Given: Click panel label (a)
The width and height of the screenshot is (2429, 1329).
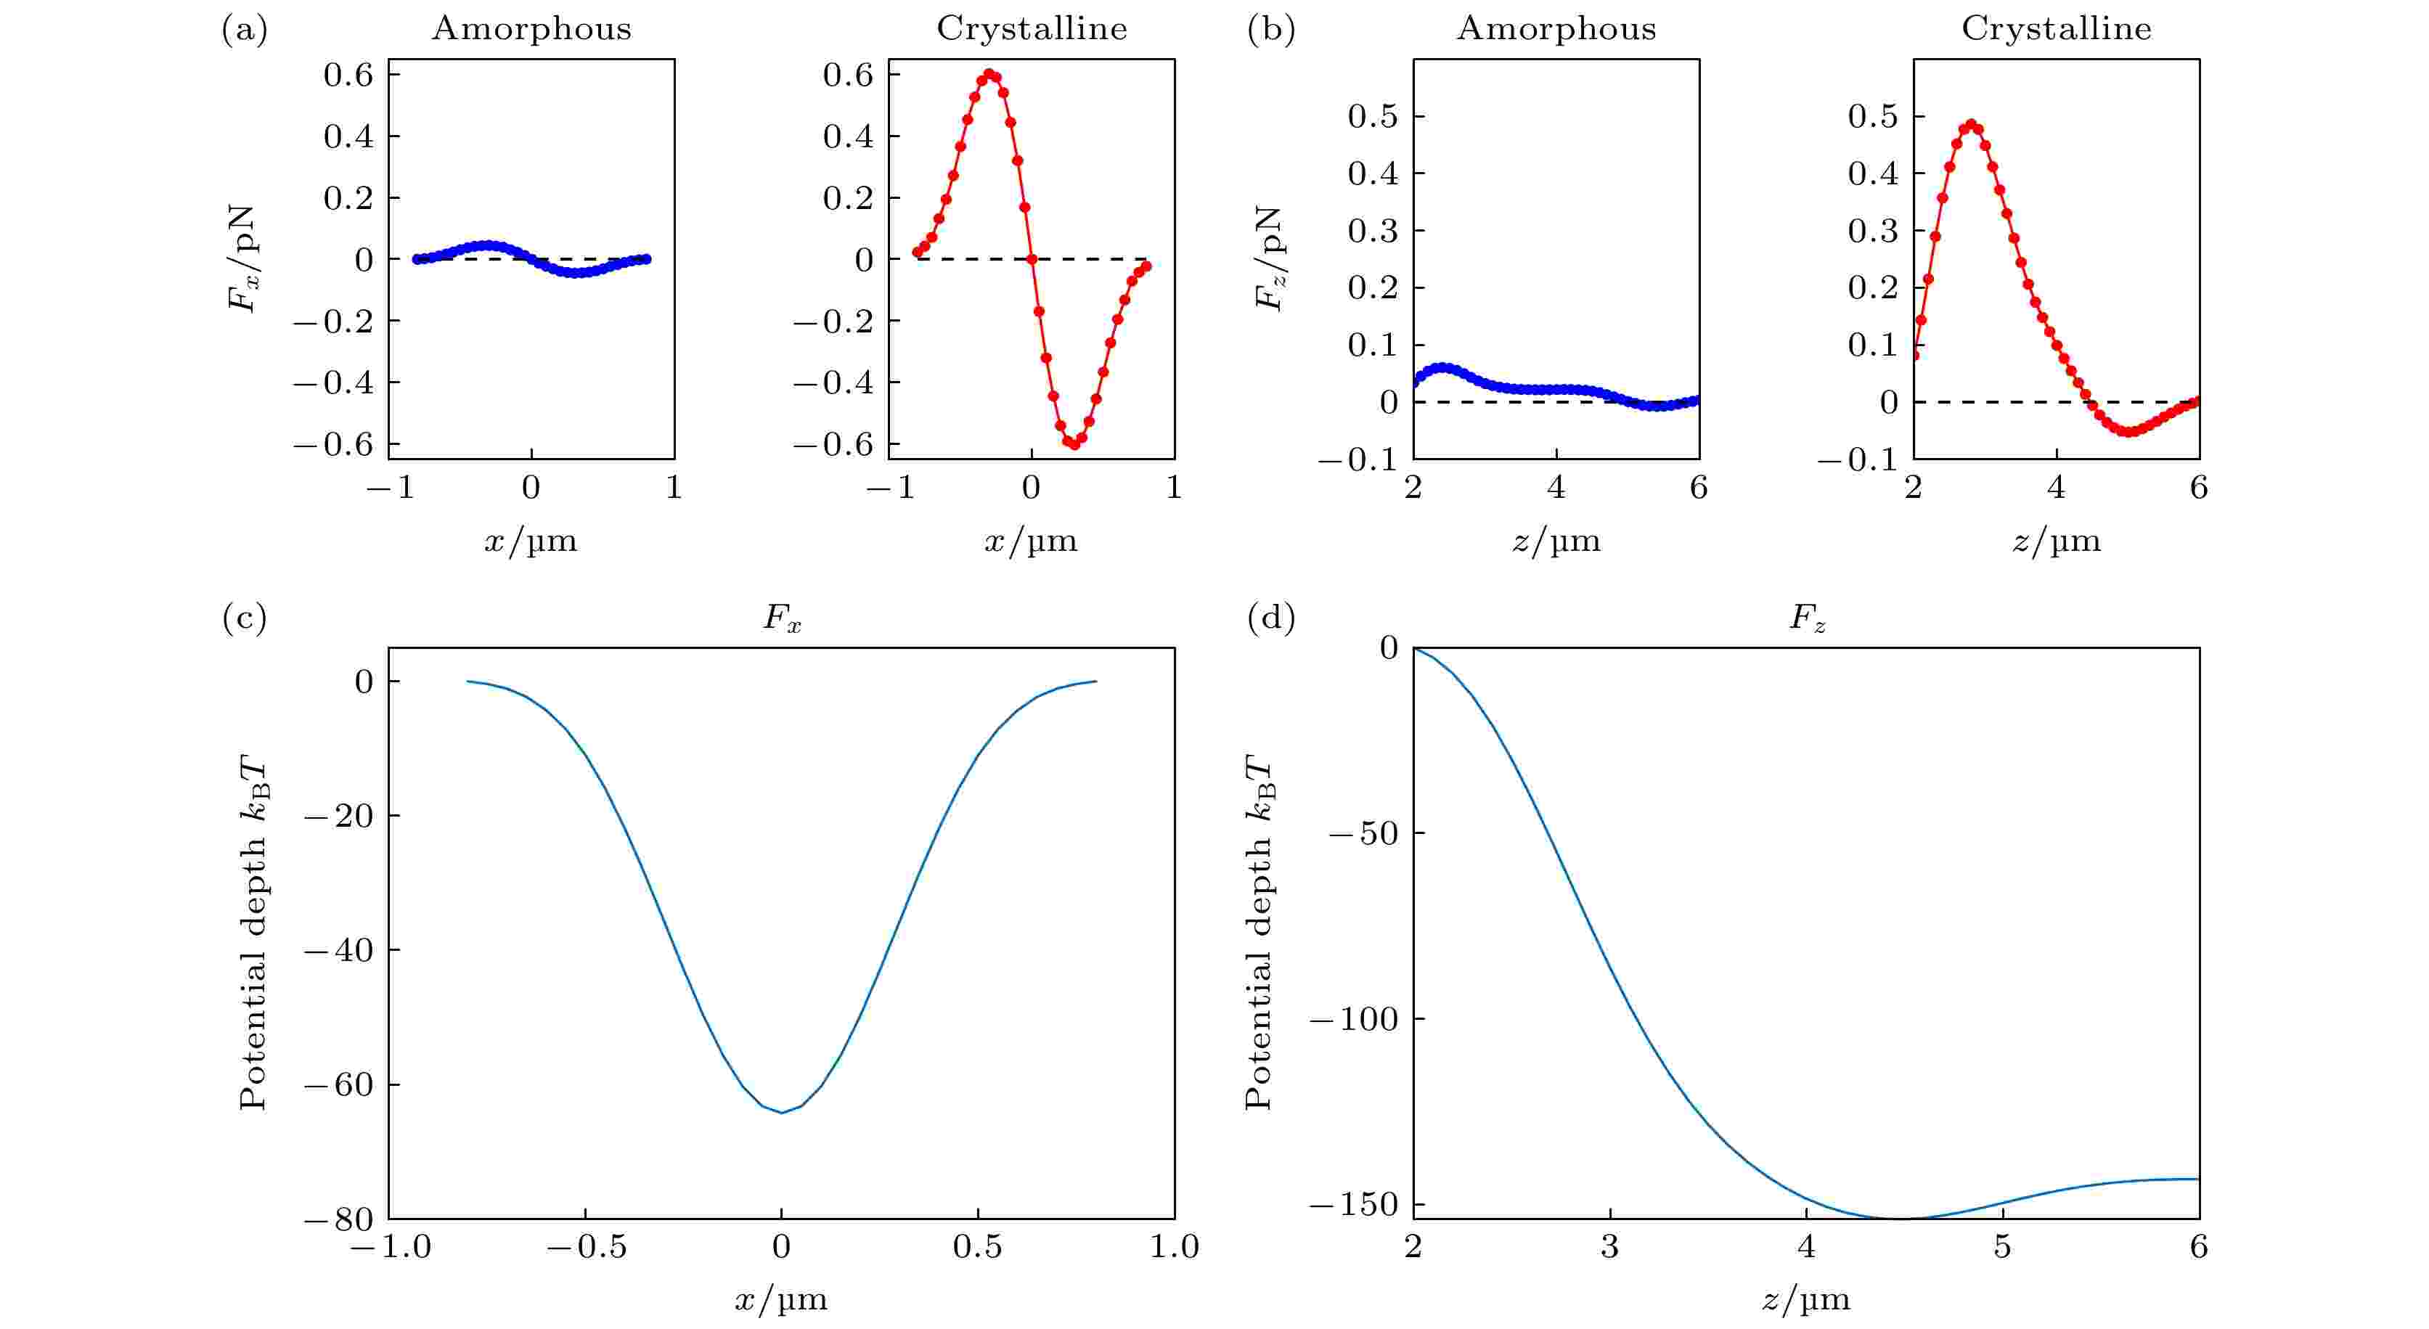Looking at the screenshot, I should (x=244, y=30).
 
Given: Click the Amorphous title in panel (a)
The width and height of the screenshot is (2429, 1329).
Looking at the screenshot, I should (x=531, y=28).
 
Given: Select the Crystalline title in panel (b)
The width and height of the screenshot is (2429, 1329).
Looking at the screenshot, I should (x=2057, y=28).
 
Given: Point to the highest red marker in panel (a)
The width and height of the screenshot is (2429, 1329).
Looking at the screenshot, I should (x=988, y=73).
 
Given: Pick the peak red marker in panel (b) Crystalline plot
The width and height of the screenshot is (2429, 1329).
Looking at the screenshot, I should (x=1971, y=123).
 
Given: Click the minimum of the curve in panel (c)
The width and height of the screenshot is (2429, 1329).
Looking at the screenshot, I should (x=782, y=1112).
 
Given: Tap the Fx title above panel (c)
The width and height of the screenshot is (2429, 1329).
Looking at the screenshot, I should (x=782, y=619).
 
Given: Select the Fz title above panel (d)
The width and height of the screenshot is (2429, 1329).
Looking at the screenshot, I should (x=1807, y=619).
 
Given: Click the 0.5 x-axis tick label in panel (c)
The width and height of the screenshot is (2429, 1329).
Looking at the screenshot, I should (x=977, y=1247).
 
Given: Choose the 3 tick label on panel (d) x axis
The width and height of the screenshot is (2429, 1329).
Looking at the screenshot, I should (x=1609, y=1247).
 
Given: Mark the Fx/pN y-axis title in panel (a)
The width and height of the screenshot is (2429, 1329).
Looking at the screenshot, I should (x=242, y=259).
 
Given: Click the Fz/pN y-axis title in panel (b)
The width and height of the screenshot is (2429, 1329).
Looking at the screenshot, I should (x=1269, y=259).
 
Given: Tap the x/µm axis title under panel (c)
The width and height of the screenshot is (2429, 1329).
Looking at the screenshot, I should (x=781, y=1300).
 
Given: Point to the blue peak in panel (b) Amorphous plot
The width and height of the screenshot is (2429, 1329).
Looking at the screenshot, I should (x=1441, y=367).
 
